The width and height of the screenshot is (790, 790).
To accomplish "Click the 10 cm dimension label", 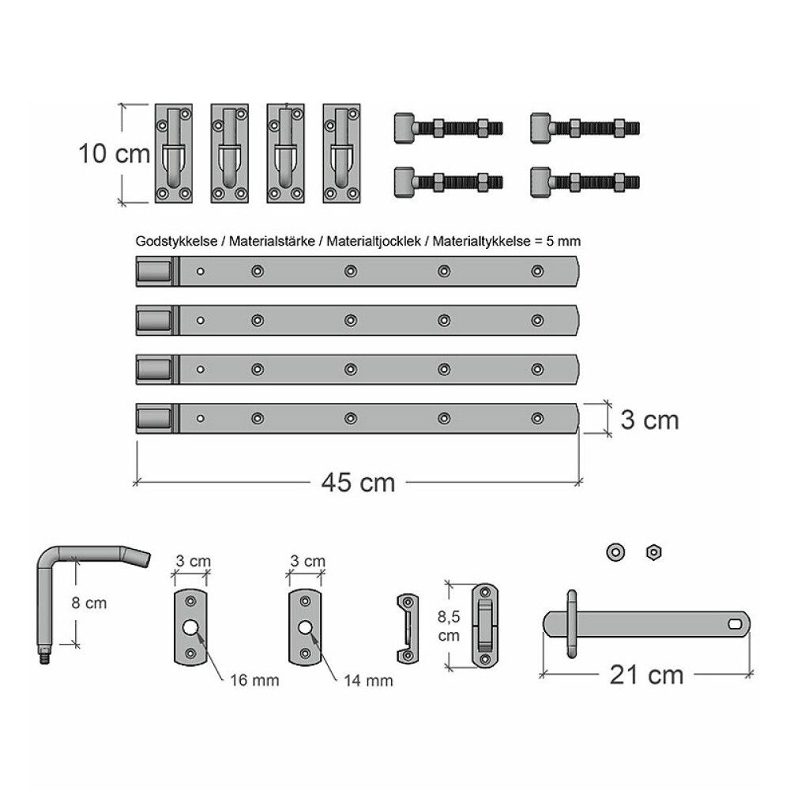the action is coord(115,154).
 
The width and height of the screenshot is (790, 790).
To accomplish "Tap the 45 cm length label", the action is coord(358,483).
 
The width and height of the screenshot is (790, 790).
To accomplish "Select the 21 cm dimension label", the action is coord(646,675).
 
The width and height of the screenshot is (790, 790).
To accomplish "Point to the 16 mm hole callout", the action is coord(254,681).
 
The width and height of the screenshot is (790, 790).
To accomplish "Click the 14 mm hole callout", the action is coord(368,681).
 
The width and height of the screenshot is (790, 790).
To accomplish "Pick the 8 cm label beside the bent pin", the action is coord(89,603).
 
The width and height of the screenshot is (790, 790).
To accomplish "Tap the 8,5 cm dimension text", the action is coord(449,626).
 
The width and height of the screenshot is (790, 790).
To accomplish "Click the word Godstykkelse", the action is coord(176,241).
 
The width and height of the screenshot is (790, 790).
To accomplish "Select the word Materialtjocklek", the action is coord(374,241).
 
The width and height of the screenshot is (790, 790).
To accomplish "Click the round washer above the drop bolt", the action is coord(615,552).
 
